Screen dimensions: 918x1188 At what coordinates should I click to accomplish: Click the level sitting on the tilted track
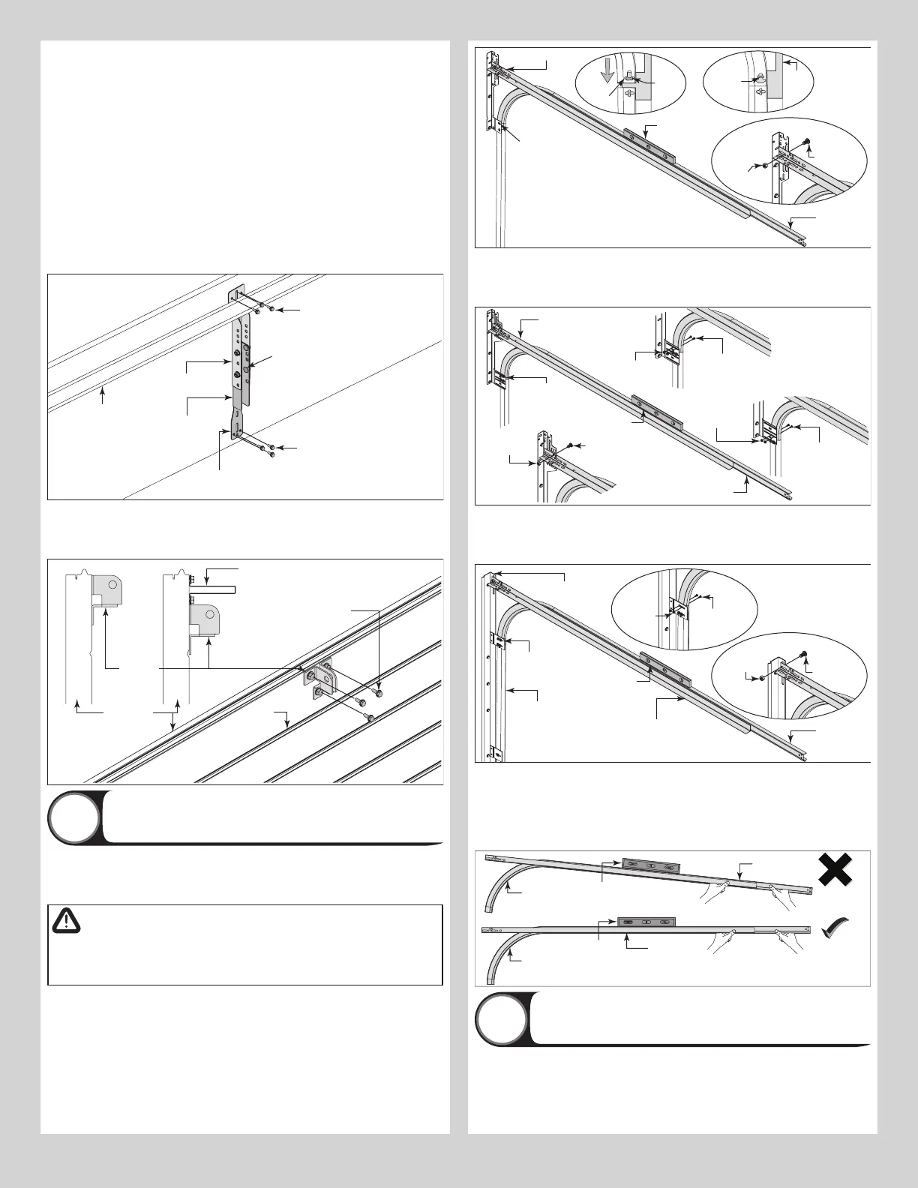click(x=650, y=865)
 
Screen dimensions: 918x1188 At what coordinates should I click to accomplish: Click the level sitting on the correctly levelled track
click(x=646, y=921)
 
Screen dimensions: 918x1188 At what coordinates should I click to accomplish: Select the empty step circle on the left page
click(x=73, y=817)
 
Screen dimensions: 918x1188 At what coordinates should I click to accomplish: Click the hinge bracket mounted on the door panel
click(x=319, y=679)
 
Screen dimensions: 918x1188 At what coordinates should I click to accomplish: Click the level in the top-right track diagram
click(x=649, y=143)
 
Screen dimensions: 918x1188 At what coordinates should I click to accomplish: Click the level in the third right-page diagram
click(x=667, y=671)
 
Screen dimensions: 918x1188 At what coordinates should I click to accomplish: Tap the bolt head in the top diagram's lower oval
click(x=806, y=141)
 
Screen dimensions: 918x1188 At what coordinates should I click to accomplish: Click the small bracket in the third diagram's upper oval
click(x=678, y=608)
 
